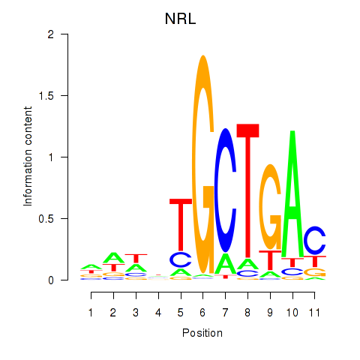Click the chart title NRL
tap(180, 19)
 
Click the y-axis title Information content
tap(28, 157)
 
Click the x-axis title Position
tap(202, 332)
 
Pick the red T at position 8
tap(247, 187)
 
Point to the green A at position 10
tap(292, 195)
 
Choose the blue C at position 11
tap(315, 241)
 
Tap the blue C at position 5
tap(180, 259)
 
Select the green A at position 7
tap(225, 264)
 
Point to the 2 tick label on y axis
tap(52, 34)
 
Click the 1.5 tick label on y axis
tap(47, 95)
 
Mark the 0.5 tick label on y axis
tap(47, 218)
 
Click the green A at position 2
tap(113, 257)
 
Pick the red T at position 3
tap(136, 258)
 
